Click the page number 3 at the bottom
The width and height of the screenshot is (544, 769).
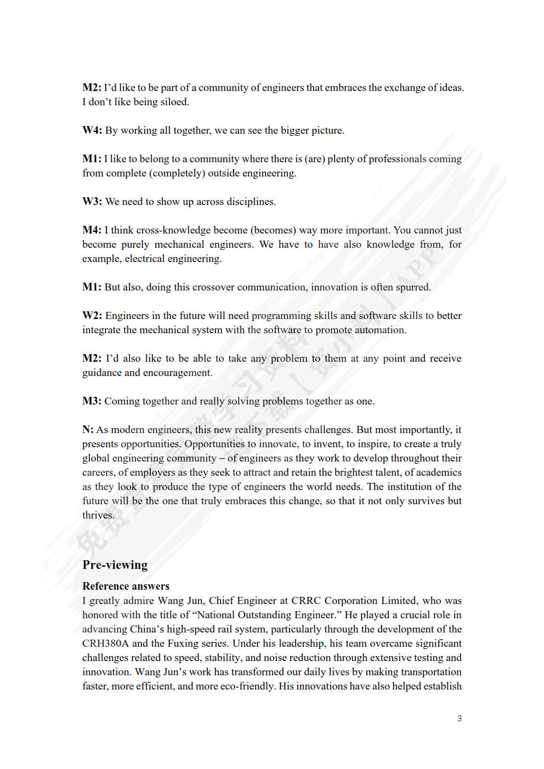[x=459, y=719]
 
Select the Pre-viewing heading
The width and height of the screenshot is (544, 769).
[x=115, y=565]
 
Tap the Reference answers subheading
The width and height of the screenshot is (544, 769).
[x=126, y=586]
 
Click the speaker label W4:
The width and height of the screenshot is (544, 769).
[x=92, y=130]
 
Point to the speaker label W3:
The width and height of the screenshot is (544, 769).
[x=92, y=202]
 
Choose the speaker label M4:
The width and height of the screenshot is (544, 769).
[x=92, y=230]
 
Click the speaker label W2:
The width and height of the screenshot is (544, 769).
[x=92, y=316]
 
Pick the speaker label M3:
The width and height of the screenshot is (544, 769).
[x=92, y=401]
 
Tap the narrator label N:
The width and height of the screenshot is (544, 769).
[x=88, y=430]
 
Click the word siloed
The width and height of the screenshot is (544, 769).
[x=174, y=102]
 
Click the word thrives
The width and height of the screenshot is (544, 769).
[x=98, y=515]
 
